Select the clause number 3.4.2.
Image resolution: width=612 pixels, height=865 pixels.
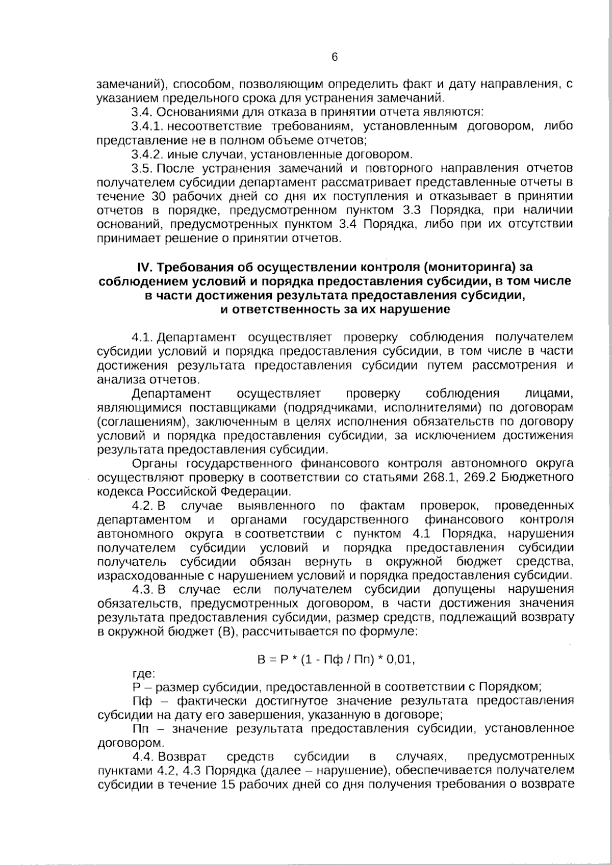(148, 154)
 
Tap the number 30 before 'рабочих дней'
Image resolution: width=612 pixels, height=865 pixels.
(159, 196)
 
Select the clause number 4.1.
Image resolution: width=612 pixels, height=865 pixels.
(142, 337)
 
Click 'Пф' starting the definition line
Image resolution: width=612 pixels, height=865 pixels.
(142, 701)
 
